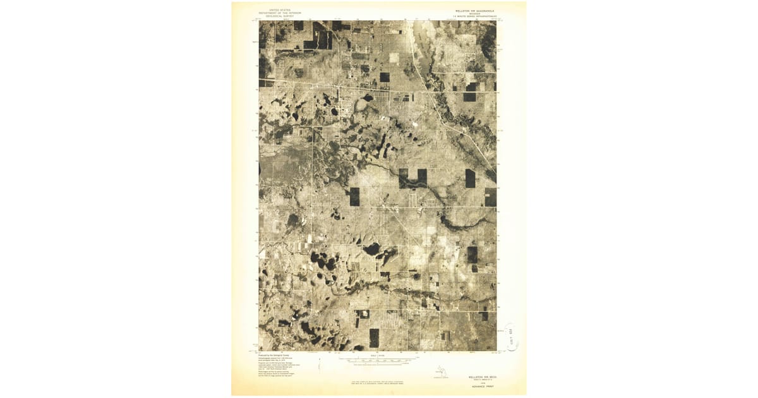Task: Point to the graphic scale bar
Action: coord(378,360)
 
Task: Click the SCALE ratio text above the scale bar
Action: coord(378,356)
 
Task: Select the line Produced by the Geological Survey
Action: coord(274,355)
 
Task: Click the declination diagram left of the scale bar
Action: coord(321,363)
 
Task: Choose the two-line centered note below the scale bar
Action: coord(378,382)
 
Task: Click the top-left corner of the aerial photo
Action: coord(259,20)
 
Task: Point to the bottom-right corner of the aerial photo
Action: coord(496,350)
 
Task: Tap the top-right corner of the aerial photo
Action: coord(496,20)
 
